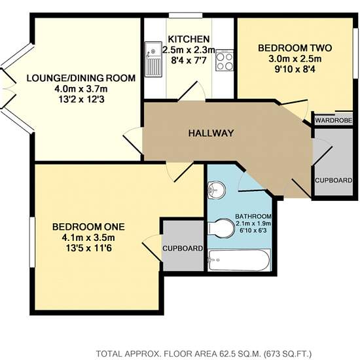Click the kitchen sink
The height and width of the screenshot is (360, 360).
153,59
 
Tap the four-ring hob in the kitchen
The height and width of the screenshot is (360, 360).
225,60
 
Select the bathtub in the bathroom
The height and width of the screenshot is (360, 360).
240,260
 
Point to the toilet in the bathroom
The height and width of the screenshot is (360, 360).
221,228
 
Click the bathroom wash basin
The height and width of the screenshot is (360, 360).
216,190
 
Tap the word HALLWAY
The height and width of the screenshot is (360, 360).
211,133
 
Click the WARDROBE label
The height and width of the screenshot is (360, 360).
334,120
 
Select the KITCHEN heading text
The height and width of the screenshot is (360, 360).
189,39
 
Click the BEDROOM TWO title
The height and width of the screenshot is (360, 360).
295,48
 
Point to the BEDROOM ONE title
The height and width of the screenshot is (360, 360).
88,227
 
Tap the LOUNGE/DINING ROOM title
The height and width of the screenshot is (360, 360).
81,79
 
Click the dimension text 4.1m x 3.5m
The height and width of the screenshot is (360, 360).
88,238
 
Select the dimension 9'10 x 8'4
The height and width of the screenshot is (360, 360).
295,69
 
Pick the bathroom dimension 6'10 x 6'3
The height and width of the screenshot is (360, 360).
253,230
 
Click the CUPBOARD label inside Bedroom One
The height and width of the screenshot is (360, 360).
183,248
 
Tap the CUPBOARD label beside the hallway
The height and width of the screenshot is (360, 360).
334,180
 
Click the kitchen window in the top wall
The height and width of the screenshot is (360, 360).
186,16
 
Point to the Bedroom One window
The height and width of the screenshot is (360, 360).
32,242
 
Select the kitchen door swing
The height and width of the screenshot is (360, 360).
193,91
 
